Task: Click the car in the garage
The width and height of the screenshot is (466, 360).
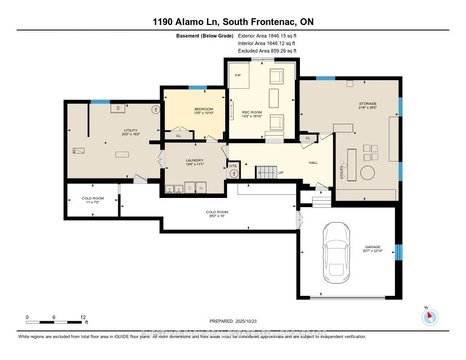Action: tap(336, 253)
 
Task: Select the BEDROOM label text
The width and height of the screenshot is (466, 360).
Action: tap(203, 109)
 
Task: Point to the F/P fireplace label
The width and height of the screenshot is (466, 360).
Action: tap(237, 75)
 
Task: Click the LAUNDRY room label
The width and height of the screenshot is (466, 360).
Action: tap(193, 160)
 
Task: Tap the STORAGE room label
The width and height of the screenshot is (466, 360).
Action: tap(367, 104)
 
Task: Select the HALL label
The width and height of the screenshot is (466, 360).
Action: tap(313, 162)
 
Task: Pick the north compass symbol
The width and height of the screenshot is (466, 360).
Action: tap(430, 317)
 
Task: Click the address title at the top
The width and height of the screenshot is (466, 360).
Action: tap(233, 22)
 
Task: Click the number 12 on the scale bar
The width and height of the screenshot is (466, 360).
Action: tap(82, 317)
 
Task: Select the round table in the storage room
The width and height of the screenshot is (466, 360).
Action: tap(368, 173)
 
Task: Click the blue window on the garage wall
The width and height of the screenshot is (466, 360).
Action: tap(399, 252)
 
